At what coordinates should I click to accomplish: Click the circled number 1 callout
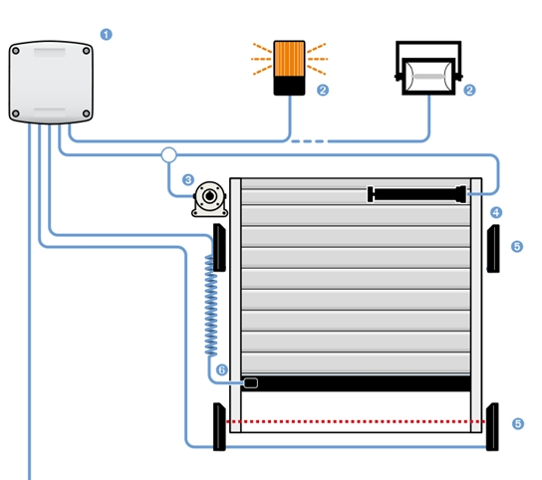pos(107,35)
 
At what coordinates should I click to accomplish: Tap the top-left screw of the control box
pos(16,51)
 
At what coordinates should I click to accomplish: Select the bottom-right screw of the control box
pos(87,114)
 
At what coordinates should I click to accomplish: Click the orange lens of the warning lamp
pos(289,59)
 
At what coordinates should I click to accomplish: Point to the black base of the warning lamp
pos(289,86)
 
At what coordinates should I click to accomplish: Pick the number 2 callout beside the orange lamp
pos(323,91)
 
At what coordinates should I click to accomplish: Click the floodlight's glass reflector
pos(428,77)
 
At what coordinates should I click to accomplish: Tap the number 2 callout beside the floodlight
pos(469,91)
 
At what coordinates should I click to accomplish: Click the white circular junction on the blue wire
pos(168,154)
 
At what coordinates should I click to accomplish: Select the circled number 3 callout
pos(188,179)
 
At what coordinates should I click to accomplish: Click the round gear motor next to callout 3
pos(210,199)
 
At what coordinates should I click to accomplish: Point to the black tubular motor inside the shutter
pos(416,194)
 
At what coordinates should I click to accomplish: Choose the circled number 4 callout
pos(496,212)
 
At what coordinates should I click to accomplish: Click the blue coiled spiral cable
pos(211,306)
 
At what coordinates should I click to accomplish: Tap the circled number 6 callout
pos(222,370)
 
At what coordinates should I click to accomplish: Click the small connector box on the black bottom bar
pos(251,382)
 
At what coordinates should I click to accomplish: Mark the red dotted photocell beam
pos(356,421)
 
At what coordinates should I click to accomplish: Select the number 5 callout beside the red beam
pos(518,423)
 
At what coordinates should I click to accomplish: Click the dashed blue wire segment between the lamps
pos(308,141)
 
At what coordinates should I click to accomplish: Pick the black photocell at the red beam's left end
pos(219,427)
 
